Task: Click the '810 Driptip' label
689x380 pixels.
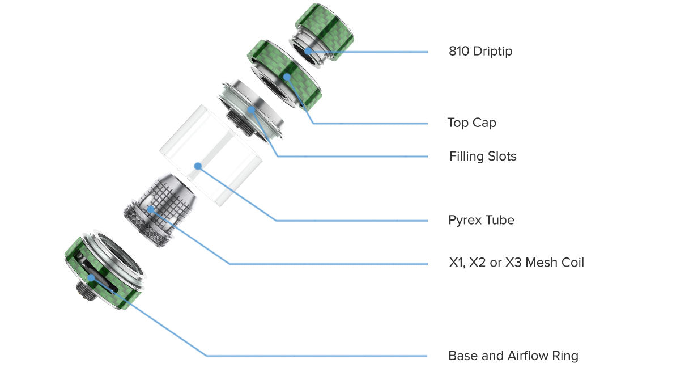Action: point(480,52)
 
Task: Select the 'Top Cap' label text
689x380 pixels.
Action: point(471,123)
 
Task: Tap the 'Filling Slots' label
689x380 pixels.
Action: point(483,157)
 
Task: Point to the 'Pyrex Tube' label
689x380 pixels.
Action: point(481,220)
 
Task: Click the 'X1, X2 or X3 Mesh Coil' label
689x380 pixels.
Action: point(516,263)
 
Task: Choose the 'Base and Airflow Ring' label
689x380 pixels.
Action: point(513,356)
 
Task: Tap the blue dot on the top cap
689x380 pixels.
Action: point(287,77)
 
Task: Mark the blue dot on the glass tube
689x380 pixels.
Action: point(198,166)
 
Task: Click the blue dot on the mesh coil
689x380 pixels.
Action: point(151,210)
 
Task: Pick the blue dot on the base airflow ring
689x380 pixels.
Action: point(91,278)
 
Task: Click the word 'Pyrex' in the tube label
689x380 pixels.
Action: point(465,220)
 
